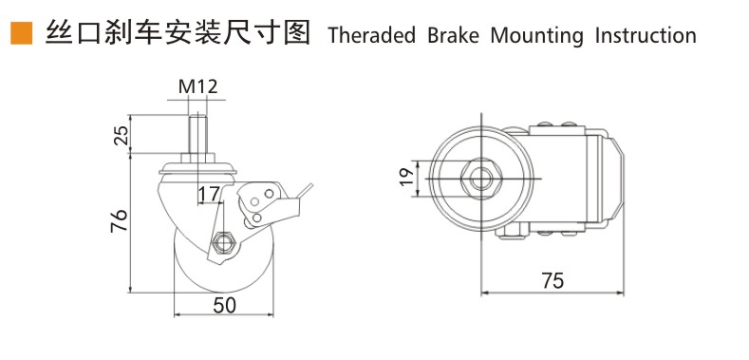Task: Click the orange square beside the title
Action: pyautogui.click(x=22, y=33)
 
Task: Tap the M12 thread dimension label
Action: pyautogui.click(x=197, y=86)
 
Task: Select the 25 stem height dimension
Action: pyautogui.click(x=122, y=135)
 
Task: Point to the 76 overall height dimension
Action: pyautogui.click(x=119, y=220)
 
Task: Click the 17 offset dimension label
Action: pyautogui.click(x=208, y=194)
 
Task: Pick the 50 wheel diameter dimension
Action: pyautogui.click(x=224, y=306)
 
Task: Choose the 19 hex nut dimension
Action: pyautogui.click(x=406, y=177)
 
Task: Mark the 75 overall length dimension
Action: pyautogui.click(x=552, y=280)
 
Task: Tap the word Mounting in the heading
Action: pyautogui.click(x=537, y=36)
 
